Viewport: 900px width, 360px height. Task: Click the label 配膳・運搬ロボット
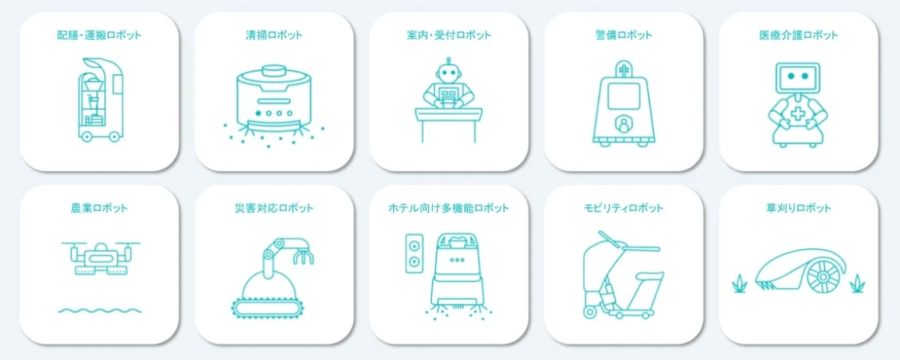click(99, 35)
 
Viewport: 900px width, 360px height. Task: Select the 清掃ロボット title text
click(274, 35)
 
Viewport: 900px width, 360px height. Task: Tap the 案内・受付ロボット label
click(448, 35)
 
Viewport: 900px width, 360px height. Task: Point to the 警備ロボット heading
click(623, 35)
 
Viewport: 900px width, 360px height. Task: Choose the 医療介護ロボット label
click(798, 35)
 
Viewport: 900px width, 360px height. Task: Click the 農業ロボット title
click(99, 208)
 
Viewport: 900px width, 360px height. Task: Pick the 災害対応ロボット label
click(274, 208)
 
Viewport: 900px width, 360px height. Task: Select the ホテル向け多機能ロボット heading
click(448, 208)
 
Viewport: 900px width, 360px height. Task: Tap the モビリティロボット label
click(623, 208)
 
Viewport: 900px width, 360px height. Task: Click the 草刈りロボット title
click(798, 208)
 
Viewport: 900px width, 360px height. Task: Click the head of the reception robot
click(448, 73)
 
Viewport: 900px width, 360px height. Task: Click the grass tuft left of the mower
click(739, 283)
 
